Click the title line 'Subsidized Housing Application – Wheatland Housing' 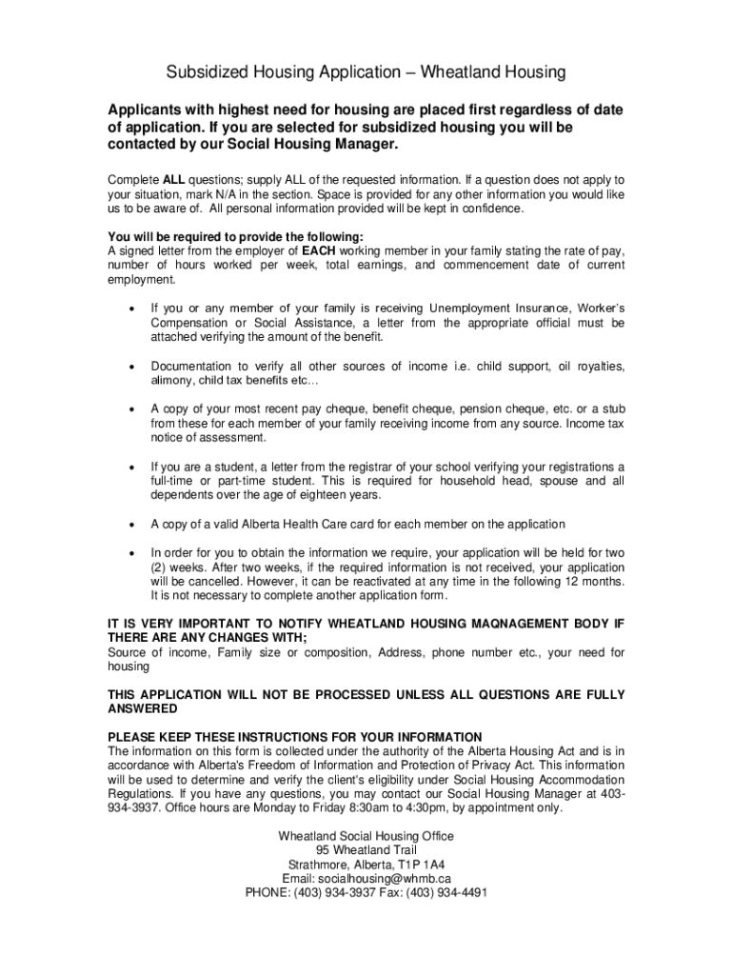click(x=366, y=72)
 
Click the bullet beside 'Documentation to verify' click(x=130, y=367)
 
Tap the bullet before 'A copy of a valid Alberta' click(x=130, y=525)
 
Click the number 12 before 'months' click(x=560, y=582)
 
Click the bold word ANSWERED click(x=143, y=709)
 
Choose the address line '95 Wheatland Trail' click(x=366, y=850)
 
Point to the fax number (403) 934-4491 click(x=446, y=893)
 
